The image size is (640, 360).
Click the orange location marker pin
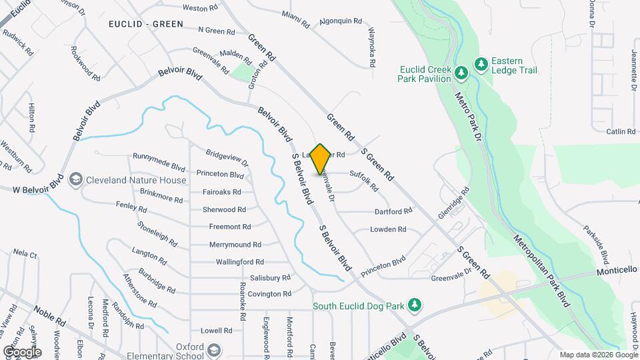pyautogui.click(x=321, y=159)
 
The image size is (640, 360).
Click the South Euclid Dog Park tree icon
pyautogui.click(x=415, y=305)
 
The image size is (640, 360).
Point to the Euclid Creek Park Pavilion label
pyautogui.click(x=425, y=74)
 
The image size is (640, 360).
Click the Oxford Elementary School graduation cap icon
pyautogui.click(x=214, y=350)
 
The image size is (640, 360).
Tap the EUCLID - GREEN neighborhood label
pyautogui.click(x=146, y=24)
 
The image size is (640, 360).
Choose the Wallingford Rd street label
pyautogui.click(x=240, y=262)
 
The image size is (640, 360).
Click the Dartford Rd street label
pyautogui.click(x=393, y=212)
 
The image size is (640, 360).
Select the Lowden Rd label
pyautogui.click(x=388, y=229)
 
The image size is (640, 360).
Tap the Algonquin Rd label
pyautogui.click(x=335, y=21)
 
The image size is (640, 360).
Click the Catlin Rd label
pyautogui.click(x=619, y=132)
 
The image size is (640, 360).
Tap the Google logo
pyautogui.click(x=21, y=351)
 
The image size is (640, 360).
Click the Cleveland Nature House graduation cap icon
pyautogui.click(x=75, y=180)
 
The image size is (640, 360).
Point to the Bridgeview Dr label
pyautogui.click(x=227, y=157)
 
